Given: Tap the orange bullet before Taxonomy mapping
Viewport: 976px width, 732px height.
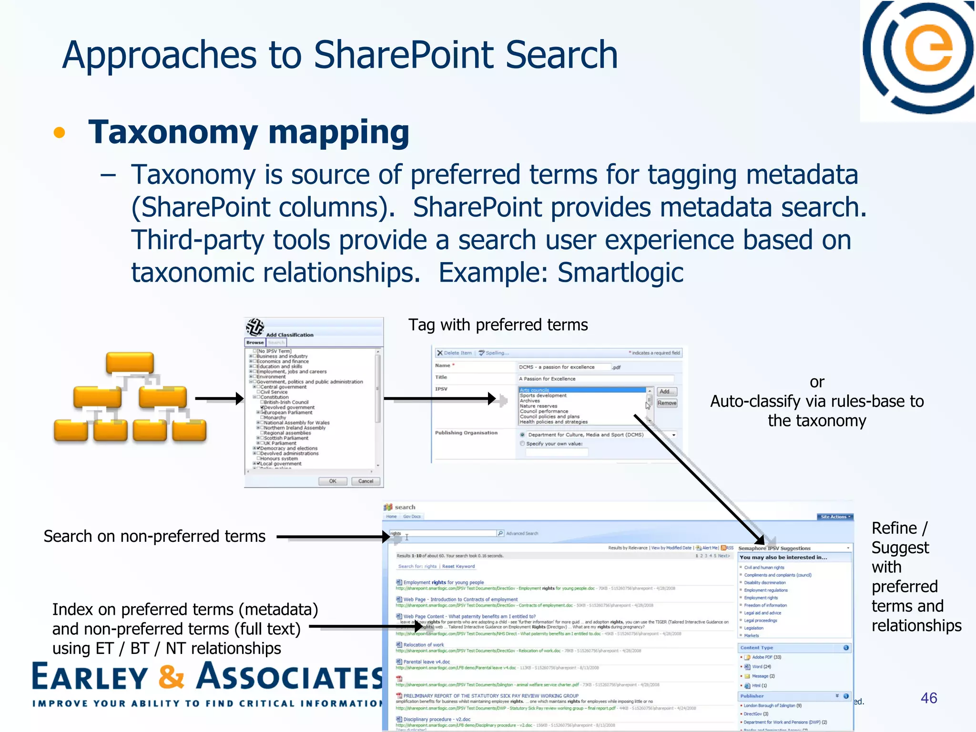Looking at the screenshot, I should (x=59, y=133).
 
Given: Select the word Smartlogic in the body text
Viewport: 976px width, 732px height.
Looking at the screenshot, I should (x=620, y=273).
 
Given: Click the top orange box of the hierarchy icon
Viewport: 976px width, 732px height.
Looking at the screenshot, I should (x=130, y=363).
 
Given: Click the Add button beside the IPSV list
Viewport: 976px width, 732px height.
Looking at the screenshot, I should (x=666, y=392).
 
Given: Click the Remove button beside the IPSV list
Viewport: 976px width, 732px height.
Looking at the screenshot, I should (x=667, y=403).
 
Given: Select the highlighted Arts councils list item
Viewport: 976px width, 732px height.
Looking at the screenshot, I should (x=581, y=390).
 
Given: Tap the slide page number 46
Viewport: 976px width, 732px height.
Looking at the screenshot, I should (x=929, y=698).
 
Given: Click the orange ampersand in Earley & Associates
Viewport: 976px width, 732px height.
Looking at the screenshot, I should (x=171, y=677).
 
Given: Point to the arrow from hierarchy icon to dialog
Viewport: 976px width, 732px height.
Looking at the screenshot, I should (x=219, y=398).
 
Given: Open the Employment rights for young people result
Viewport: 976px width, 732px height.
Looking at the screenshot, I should (x=443, y=582).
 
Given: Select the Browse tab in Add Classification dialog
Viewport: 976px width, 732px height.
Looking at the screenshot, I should (x=255, y=343).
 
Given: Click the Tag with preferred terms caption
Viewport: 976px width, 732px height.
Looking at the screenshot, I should (x=498, y=325).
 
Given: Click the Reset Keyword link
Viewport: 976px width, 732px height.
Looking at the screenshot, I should (x=458, y=567).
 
